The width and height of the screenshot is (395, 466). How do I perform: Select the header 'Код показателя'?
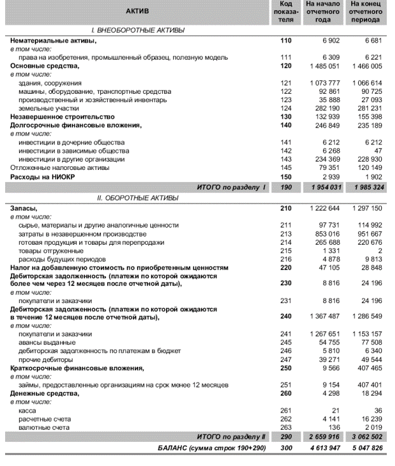(285, 12)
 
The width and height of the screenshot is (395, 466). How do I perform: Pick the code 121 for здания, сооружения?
(285, 83)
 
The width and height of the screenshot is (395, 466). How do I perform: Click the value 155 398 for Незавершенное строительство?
(369, 117)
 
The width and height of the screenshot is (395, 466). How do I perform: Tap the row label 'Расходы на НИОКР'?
(41, 177)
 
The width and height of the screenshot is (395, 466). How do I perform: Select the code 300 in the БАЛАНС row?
(285, 448)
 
